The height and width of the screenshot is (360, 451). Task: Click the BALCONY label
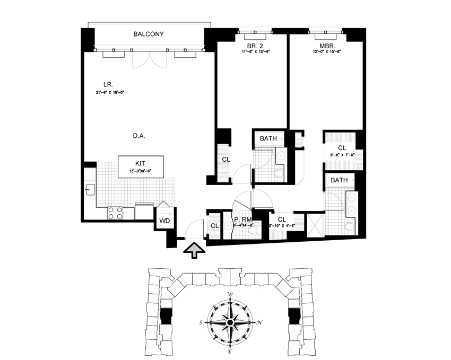(148, 34)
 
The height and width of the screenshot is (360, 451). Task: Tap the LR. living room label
(109, 84)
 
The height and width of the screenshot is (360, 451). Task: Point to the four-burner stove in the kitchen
(116, 213)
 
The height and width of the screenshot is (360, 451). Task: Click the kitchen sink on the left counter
(89, 189)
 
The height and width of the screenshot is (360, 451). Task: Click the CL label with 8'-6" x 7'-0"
(342, 148)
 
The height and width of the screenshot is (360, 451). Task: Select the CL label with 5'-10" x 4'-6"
(282, 220)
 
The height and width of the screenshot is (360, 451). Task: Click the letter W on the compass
(230, 295)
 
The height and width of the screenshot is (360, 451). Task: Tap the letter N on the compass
(258, 322)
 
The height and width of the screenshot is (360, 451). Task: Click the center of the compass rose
(230, 322)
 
